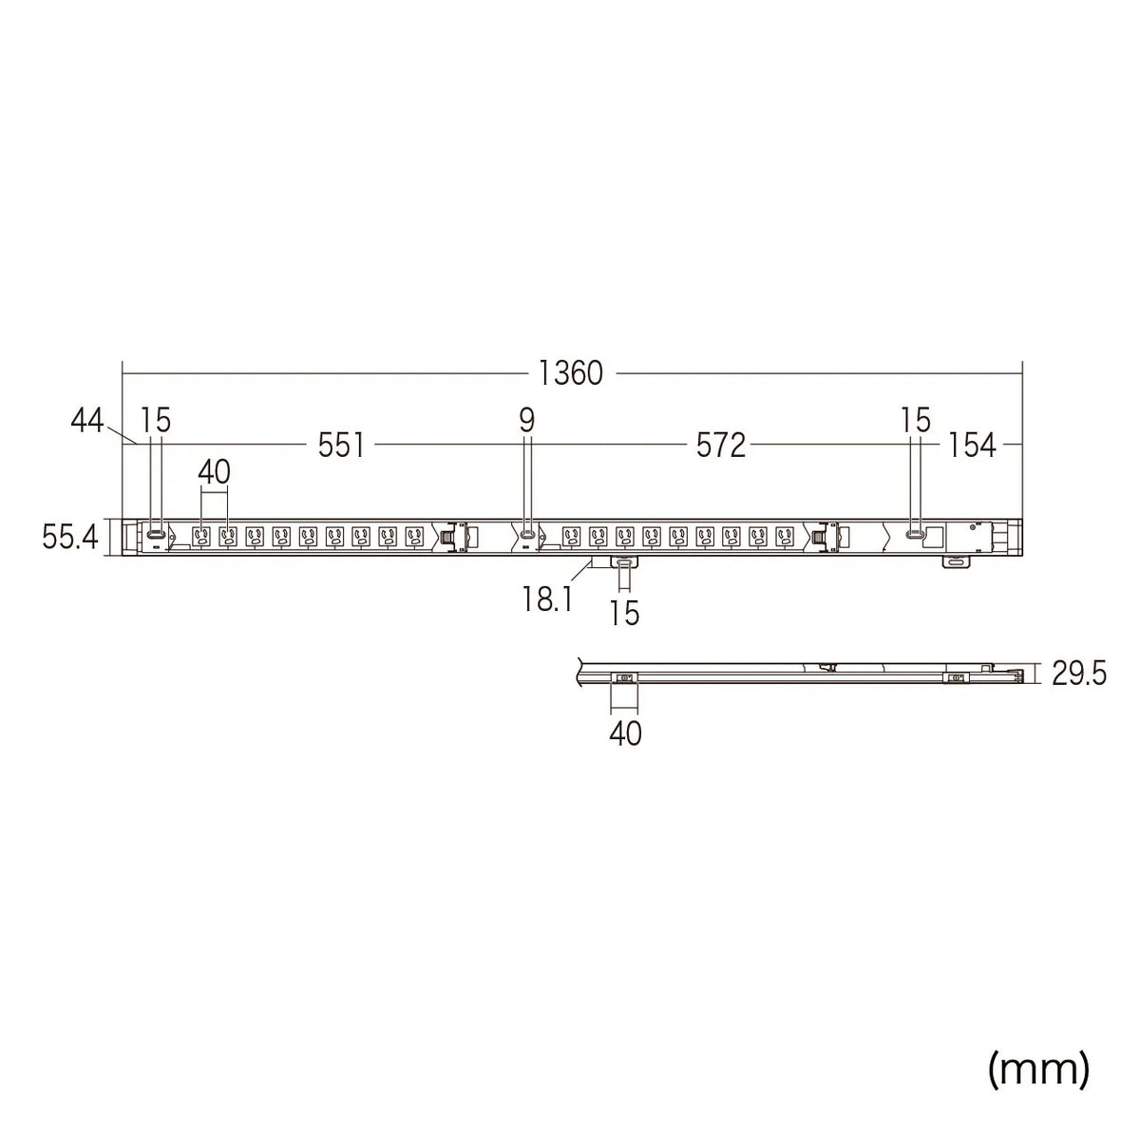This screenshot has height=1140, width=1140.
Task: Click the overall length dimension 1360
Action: (x=571, y=373)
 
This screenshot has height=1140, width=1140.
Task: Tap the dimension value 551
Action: (x=341, y=445)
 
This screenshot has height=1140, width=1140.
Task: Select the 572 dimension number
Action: (x=720, y=445)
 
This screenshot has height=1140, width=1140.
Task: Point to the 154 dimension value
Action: (x=972, y=445)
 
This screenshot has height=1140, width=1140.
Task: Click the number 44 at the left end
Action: (x=87, y=421)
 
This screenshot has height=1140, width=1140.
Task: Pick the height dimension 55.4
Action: (x=69, y=538)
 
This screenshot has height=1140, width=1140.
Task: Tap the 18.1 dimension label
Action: (x=546, y=598)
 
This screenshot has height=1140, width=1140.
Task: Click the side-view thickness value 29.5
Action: (x=1078, y=674)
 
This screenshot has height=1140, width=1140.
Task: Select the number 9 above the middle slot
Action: (x=526, y=421)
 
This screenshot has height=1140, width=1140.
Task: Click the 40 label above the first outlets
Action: (x=214, y=472)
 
